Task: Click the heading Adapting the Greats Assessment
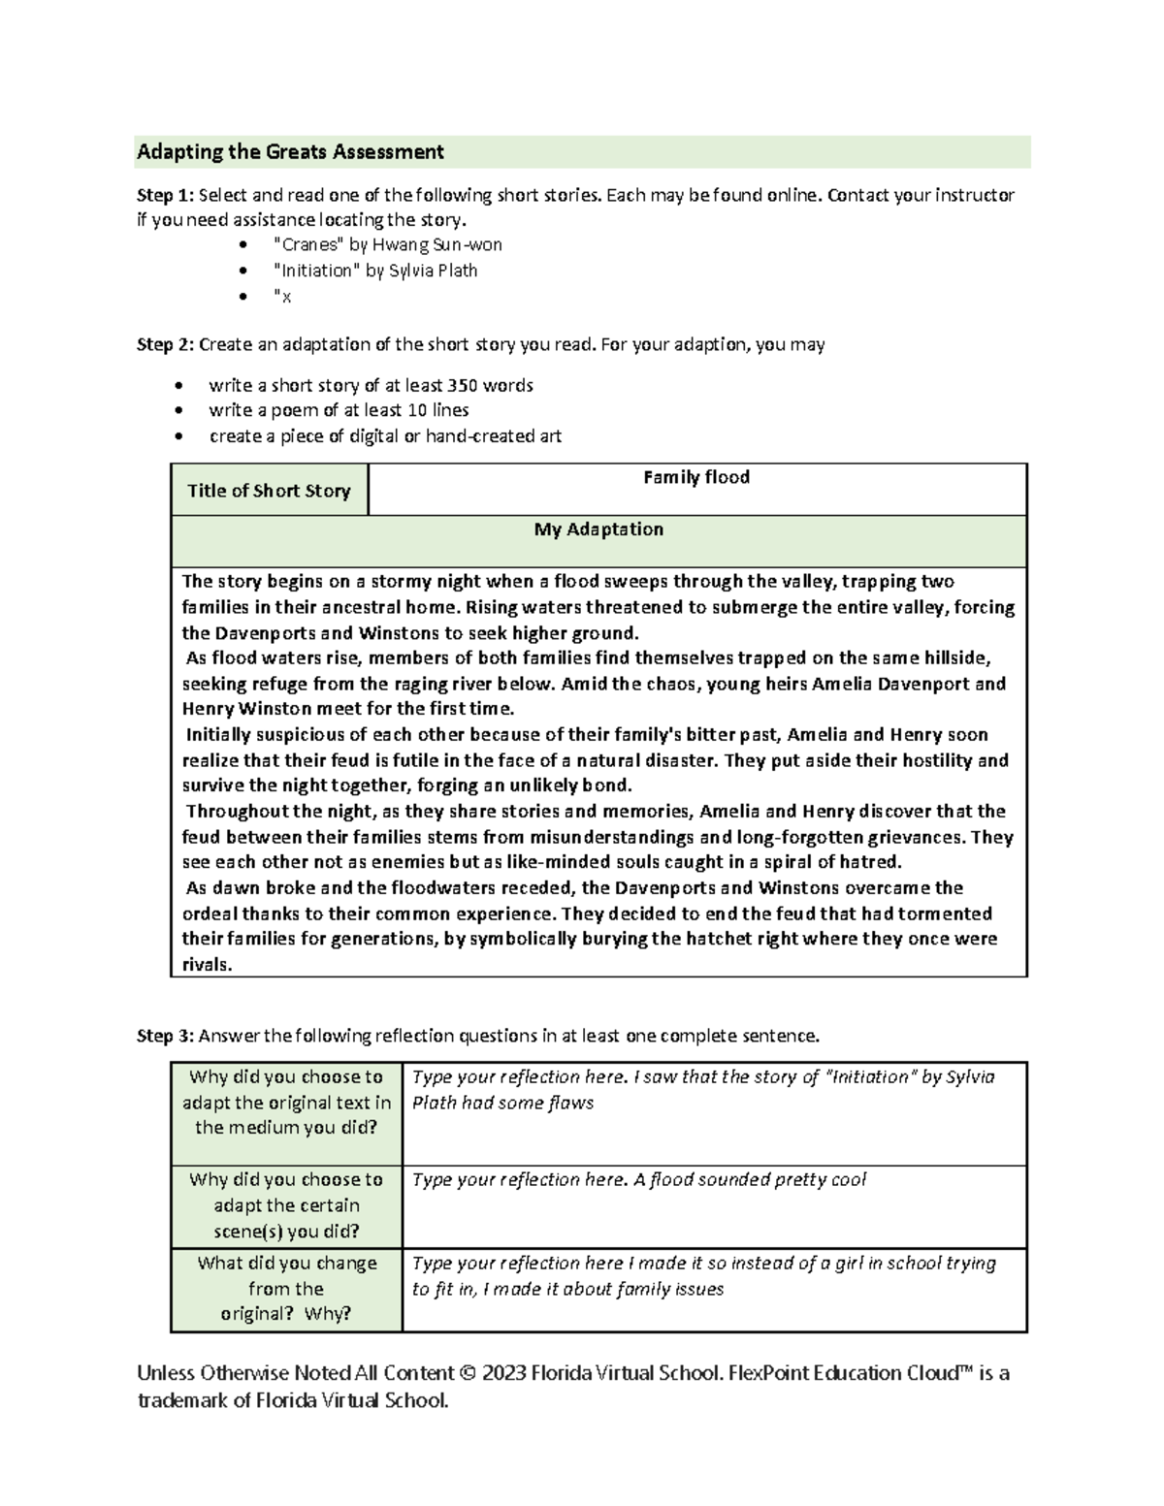290,151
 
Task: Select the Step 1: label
165,195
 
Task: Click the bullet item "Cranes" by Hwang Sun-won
388,244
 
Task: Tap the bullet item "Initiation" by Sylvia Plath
375,271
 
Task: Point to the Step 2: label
165,344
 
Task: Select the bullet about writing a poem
339,410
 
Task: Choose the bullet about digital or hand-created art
385,436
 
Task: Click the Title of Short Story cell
269,491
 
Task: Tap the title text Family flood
696,477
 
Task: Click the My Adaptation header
598,529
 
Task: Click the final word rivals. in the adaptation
208,965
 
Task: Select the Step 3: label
165,1036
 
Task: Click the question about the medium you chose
286,1103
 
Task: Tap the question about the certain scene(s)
286,1205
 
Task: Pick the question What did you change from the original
286,1289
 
